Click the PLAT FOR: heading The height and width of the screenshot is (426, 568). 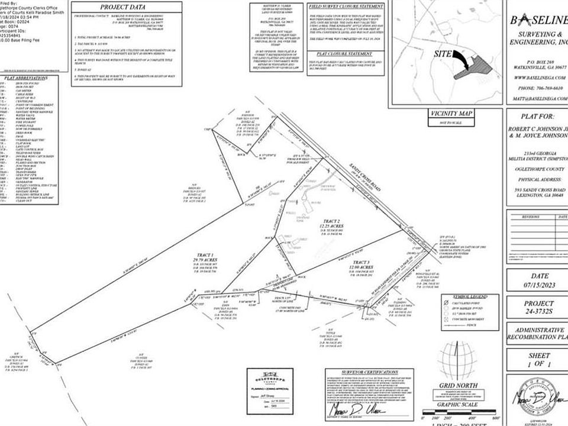tap(536, 117)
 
